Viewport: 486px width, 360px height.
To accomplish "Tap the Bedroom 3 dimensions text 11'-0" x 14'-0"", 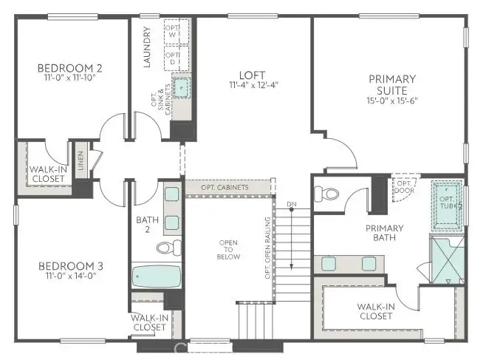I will pyautogui.click(x=70, y=277).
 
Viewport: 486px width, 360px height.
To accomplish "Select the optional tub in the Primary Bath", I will pyautogui.click(x=448, y=203).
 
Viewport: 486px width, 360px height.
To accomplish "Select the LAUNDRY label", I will pyautogui.click(x=148, y=47).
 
